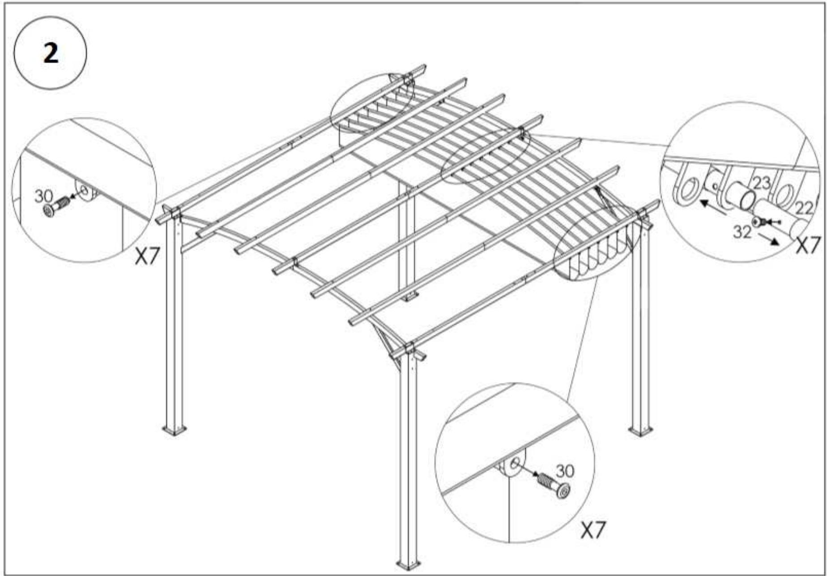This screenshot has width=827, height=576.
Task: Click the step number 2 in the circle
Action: pyautogui.click(x=51, y=53)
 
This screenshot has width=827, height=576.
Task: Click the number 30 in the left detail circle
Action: pyautogui.click(x=44, y=196)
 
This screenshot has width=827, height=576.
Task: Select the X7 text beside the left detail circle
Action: pyautogui.click(x=148, y=257)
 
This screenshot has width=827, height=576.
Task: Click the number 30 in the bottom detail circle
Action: pyautogui.click(x=565, y=470)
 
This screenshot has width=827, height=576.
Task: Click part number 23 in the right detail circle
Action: pyautogui.click(x=762, y=183)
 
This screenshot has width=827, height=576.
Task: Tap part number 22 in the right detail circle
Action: pyautogui.click(x=804, y=208)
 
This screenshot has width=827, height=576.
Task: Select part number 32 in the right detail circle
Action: pyautogui.click(x=742, y=231)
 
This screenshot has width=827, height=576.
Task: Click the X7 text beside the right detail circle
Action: pyautogui.click(x=808, y=245)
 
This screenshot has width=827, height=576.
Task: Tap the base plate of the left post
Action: pyautogui.click(x=174, y=430)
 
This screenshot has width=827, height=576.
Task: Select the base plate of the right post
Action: pyautogui.click(x=640, y=431)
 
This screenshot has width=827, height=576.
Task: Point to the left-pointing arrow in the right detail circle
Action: pyautogui.click(x=712, y=207)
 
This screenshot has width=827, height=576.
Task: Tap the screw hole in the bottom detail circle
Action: pyautogui.click(x=515, y=464)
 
